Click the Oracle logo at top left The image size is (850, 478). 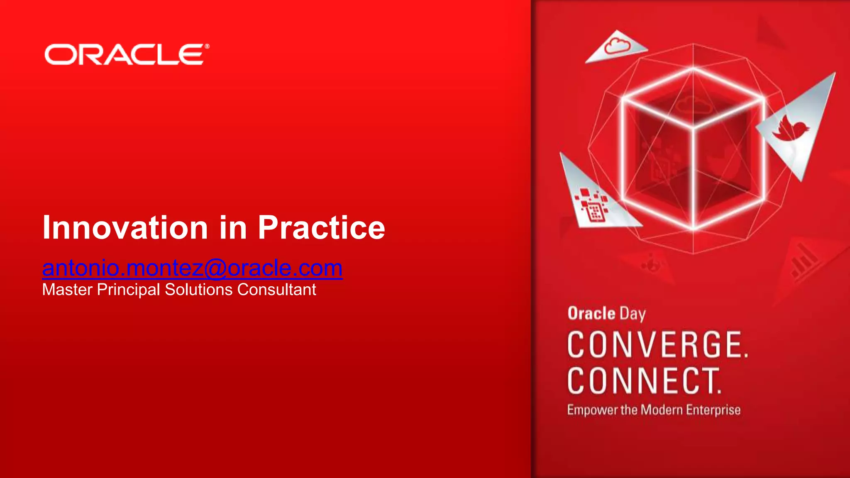pos(125,55)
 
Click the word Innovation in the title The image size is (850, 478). pos(125,227)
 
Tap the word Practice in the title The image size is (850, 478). pos(321,227)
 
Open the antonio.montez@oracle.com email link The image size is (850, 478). pos(192,268)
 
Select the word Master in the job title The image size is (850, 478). pos(67,290)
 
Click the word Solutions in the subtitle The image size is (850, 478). pos(198,290)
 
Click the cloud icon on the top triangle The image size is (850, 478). pos(617,46)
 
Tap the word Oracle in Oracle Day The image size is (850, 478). pos(591,314)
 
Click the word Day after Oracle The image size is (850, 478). pos(633,315)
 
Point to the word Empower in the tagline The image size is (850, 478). pos(592,410)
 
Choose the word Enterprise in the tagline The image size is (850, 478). pos(713,410)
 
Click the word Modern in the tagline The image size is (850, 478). pos(662,410)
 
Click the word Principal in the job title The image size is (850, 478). pos(128,290)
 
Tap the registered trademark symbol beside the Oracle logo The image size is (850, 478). pos(207,46)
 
